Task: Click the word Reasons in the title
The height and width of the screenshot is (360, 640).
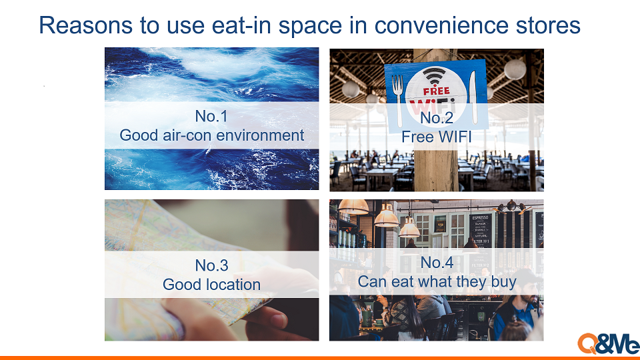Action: (86, 25)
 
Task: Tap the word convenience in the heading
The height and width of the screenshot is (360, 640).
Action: (441, 25)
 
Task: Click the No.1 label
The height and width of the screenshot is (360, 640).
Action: (211, 116)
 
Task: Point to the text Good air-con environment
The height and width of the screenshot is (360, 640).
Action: (211, 135)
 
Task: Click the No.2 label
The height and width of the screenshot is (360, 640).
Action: (436, 118)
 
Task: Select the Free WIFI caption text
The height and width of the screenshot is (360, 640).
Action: (436, 137)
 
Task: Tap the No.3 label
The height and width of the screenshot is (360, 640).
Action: (211, 266)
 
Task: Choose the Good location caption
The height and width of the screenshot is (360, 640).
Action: (211, 285)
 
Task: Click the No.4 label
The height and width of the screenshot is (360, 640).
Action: (437, 263)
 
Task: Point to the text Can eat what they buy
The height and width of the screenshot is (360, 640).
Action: (437, 282)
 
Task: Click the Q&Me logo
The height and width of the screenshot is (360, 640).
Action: (608, 344)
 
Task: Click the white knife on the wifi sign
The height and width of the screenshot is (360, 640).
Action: (473, 97)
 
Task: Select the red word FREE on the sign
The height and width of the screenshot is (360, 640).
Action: (436, 91)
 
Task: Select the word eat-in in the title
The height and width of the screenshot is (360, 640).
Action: (241, 25)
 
